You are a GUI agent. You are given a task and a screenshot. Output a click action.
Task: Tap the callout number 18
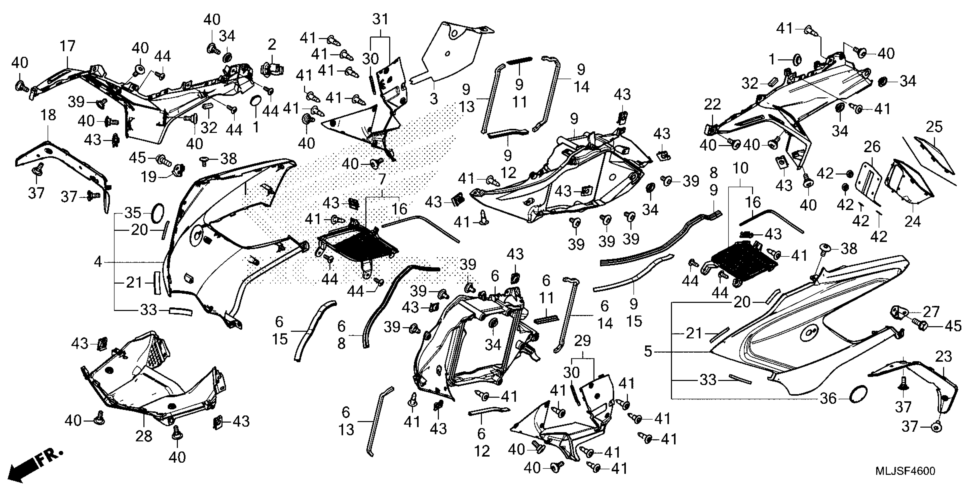pyautogui.click(x=48, y=115)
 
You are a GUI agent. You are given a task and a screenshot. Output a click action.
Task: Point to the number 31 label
pyautogui.click(x=380, y=19)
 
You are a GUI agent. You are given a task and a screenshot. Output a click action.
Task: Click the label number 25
pyautogui.click(x=934, y=127)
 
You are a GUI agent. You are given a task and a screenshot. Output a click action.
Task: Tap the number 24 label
pyautogui.click(x=913, y=221)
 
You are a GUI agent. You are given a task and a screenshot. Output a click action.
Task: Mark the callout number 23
pyautogui.click(x=943, y=356)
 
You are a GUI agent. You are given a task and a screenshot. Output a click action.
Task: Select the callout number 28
pyautogui.click(x=144, y=436)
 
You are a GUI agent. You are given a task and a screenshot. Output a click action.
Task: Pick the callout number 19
pyautogui.click(x=149, y=176)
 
